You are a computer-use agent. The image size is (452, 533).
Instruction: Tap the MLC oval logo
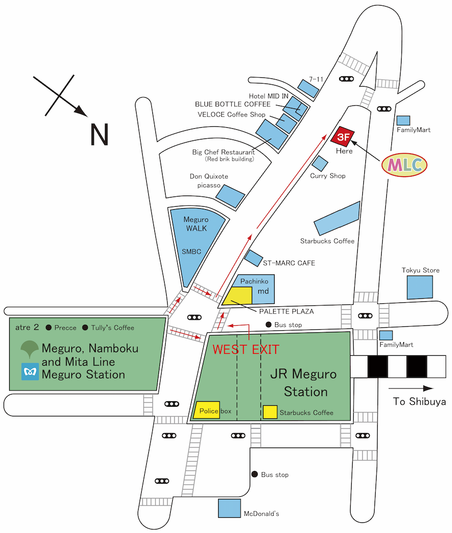pos(404,164)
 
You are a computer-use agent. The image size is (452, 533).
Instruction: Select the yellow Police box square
pos(207,410)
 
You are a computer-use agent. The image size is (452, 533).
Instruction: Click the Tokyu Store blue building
pos(420,287)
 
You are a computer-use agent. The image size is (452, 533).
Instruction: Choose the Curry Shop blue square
pos(320,163)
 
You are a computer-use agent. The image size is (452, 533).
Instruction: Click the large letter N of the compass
pos(99,134)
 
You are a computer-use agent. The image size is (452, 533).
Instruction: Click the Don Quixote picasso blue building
pos(231,196)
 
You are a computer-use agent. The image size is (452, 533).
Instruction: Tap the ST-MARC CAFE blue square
pos(253,258)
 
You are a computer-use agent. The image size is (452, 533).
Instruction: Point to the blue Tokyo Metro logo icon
pos(30,371)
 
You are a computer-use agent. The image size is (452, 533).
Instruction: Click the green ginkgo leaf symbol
pos(30,348)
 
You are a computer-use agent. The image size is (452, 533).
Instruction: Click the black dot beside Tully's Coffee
pos(86,328)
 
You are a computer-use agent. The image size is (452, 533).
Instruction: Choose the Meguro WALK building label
pos(196,224)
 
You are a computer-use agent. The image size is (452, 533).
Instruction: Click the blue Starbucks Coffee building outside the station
pos(337,218)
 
